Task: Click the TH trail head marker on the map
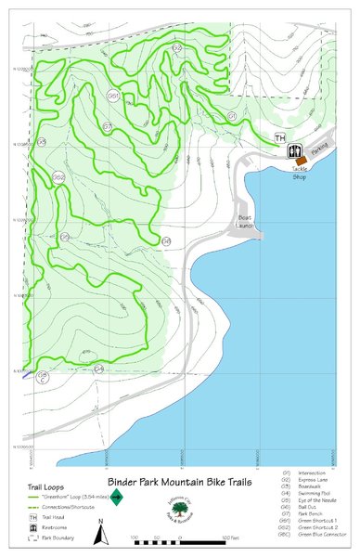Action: pos(280,137)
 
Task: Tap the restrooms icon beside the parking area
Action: pos(295,149)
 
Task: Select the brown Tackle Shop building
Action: pos(302,161)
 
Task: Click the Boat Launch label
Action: pos(245,222)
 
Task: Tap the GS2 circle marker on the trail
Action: pos(58,177)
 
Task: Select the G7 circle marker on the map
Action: pos(108,125)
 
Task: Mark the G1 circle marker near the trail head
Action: pos(232,116)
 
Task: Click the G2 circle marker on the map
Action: pos(176,46)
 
